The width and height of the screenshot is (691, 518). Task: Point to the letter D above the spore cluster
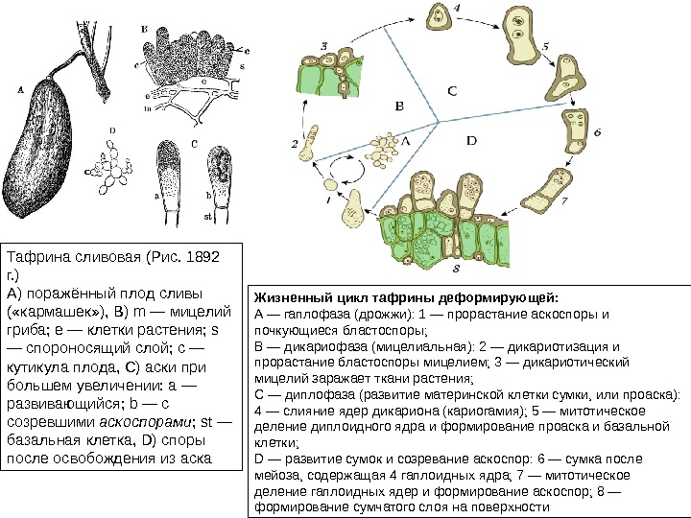(x=112, y=128)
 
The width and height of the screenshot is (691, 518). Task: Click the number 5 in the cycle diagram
(x=544, y=45)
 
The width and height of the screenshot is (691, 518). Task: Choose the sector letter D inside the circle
(x=470, y=140)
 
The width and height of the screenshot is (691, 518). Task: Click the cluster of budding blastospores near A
(x=385, y=147)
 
